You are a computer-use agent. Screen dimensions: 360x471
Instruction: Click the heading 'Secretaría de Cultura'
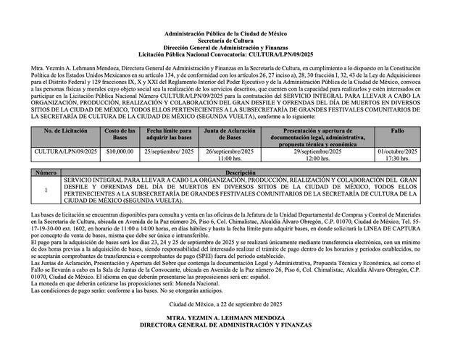(x=236, y=41)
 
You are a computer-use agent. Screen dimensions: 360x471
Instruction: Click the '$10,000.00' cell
(x=120, y=151)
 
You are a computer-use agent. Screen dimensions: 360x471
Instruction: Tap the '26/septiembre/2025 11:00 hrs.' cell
(x=228, y=154)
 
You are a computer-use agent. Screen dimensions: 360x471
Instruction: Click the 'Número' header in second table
(x=46, y=173)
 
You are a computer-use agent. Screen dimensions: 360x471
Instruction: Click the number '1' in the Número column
(x=46, y=191)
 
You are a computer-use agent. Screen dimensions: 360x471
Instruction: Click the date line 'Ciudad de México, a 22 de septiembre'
(x=236, y=306)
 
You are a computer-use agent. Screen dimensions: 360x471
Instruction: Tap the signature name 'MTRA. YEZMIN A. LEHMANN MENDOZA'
(x=236, y=319)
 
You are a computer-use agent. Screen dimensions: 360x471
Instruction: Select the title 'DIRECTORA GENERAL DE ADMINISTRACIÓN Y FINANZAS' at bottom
(x=236, y=326)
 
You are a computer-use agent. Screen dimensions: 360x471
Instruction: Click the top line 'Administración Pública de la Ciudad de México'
(x=236, y=34)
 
